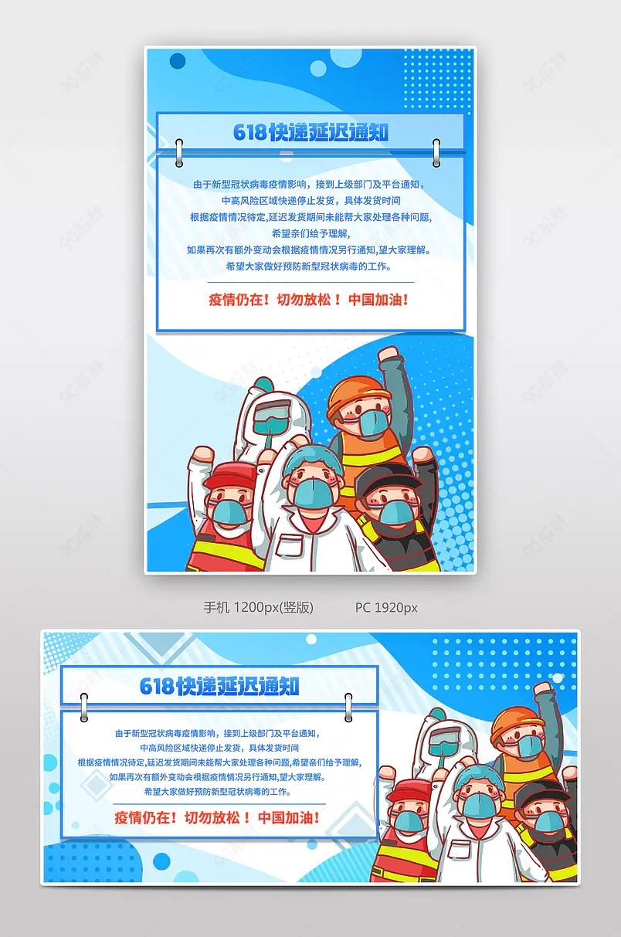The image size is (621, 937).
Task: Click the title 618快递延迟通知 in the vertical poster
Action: (x=310, y=132)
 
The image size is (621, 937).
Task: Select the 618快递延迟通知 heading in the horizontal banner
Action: (x=219, y=686)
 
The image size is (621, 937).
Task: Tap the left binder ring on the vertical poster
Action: (x=179, y=152)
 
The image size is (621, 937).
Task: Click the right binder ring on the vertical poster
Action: (x=436, y=152)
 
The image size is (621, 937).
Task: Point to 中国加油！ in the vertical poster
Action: (x=378, y=300)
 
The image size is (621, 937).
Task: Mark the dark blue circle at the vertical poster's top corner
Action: (x=178, y=60)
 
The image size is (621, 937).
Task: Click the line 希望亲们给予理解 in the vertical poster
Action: (x=310, y=233)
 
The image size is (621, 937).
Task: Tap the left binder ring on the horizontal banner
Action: (x=83, y=704)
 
